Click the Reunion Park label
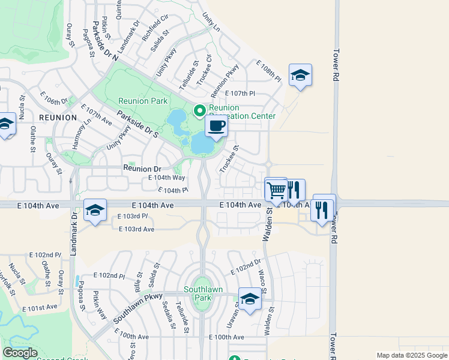click(x=142, y=101)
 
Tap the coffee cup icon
click(x=216, y=127)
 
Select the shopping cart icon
click(x=276, y=190)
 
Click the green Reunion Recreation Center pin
click(x=199, y=110)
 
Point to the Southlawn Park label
click(x=203, y=293)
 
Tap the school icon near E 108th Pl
click(x=300, y=76)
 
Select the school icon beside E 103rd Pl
click(x=95, y=211)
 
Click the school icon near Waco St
click(x=250, y=299)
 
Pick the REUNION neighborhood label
click(x=58, y=118)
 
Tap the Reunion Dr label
click(x=142, y=169)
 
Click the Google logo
click(x=20, y=353)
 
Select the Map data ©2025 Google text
click(x=411, y=355)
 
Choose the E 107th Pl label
click(x=240, y=94)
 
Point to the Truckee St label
click(x=229, y=158)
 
